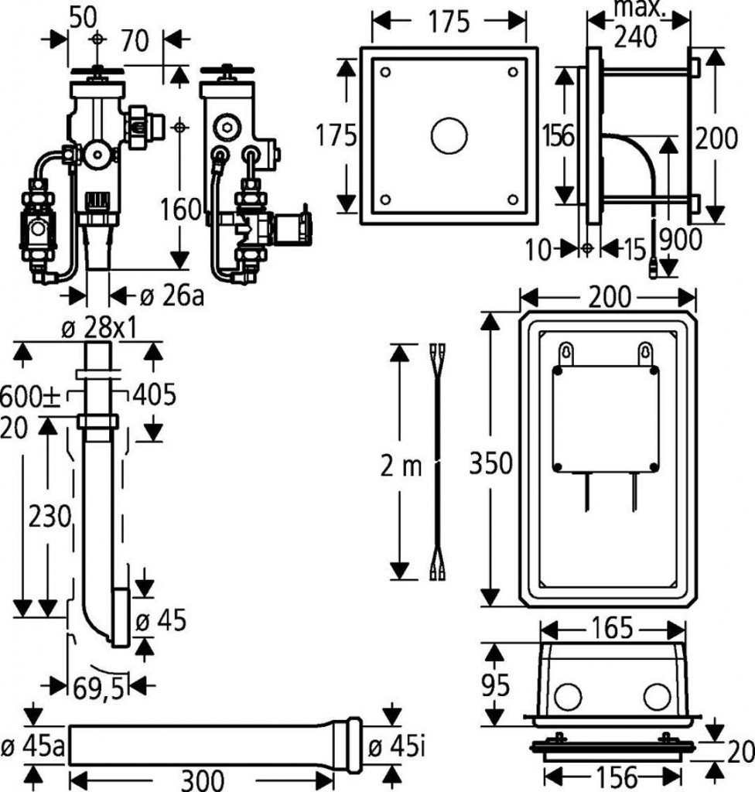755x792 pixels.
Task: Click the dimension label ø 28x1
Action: tap(99, 329)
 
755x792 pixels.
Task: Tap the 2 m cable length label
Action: tap(402, 466)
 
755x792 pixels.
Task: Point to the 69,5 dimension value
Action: tap(98, 688)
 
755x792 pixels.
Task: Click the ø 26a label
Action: tap(172, 295)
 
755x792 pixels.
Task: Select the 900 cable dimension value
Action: tap(681, 240)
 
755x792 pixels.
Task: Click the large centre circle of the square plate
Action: tap(449, 137)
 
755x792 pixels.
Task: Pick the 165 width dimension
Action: tap(614, 628)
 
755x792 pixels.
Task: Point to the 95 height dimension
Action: tap(496, 684)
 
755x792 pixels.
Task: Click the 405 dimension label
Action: tap(154, 394)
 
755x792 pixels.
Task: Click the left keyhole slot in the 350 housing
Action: tap(568, 353)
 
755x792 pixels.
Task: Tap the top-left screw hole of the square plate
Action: tap(385, 72)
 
